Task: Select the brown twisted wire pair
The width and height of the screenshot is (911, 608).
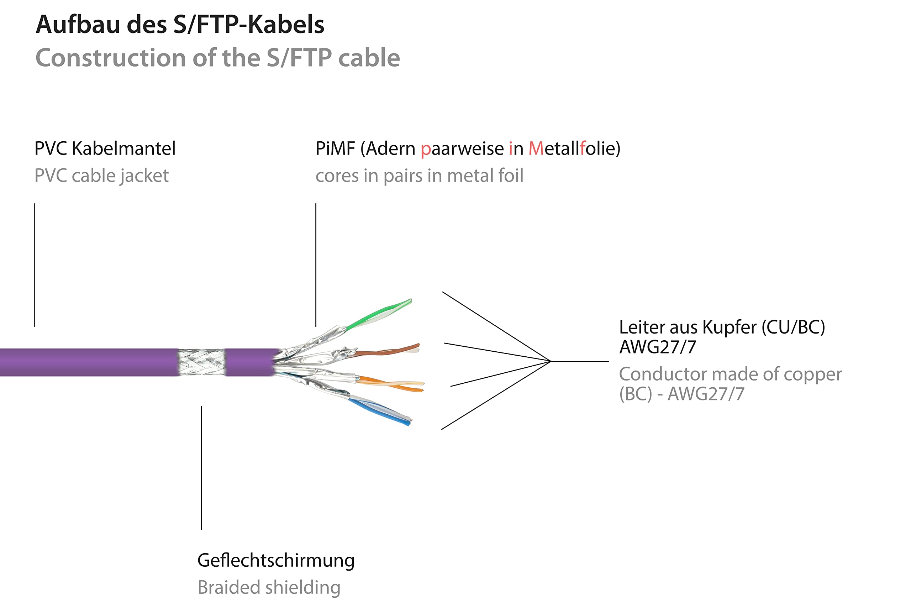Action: pos(388,351)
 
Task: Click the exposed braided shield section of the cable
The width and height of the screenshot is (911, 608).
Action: pos(201,362)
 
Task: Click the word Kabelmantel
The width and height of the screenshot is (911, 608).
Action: pos(124,148)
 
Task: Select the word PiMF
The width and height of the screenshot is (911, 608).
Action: pos(335,148)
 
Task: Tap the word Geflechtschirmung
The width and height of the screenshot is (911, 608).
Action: pos(276,561)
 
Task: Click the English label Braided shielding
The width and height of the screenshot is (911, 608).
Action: pos(269,587)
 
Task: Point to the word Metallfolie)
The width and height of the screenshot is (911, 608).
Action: pos(574,148)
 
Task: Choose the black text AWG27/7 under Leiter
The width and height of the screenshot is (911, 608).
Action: pos(658,347)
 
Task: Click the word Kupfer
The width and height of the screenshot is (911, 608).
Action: pos(729,327)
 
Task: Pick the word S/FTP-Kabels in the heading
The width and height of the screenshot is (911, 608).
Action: pos(248,25)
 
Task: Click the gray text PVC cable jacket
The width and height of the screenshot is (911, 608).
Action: pos(101,175)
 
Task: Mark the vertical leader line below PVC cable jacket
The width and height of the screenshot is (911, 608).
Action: pos(35,265)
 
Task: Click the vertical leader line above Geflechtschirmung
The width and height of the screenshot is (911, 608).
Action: pos(201,468)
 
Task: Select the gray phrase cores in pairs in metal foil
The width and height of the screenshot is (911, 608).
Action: pos(420,175)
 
